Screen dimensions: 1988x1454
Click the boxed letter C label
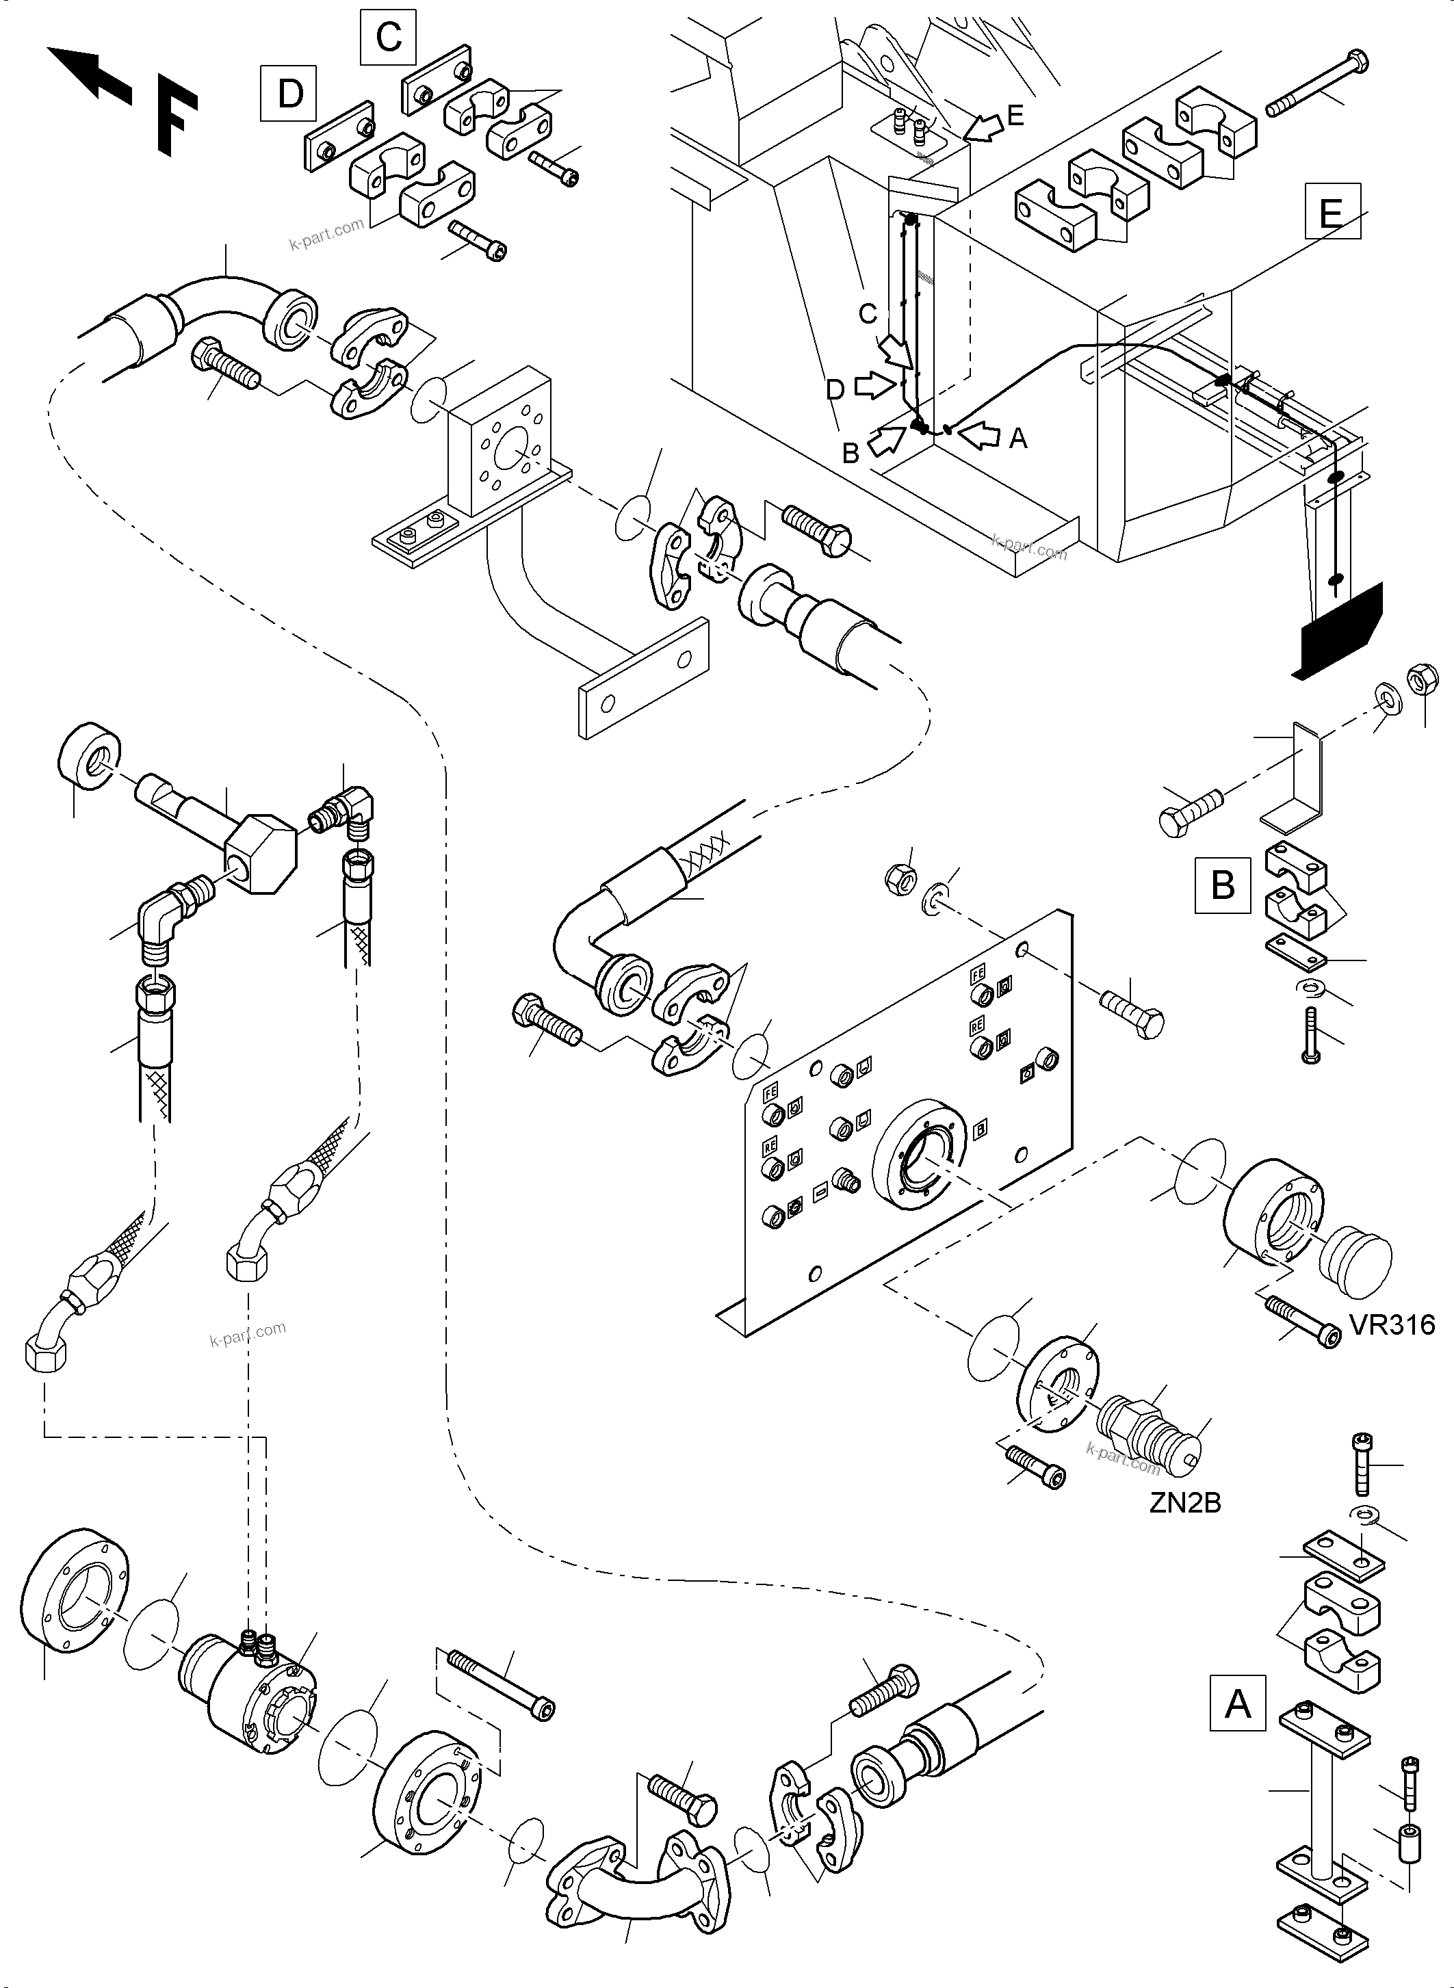coord(388,38)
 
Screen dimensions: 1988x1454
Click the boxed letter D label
coord(289,93)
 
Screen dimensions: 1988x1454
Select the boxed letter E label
coord(1332,212)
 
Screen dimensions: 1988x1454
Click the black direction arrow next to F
coord(88,75)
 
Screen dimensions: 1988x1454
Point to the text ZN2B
coord(1184,1503)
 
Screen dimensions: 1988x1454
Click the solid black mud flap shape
coord(1338,629)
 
